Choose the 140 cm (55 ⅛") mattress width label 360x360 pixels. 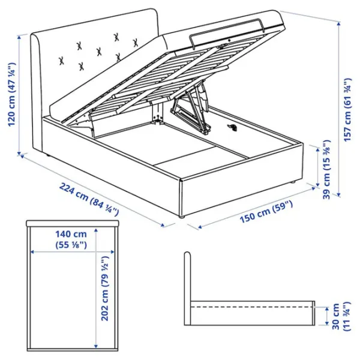tap(72, 238)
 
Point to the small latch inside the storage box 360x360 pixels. tap(233, 127)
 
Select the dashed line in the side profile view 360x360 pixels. tap(252, 306)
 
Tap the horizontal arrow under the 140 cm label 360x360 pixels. tap(72, 251)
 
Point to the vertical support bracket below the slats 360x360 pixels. tap(158, 113)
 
